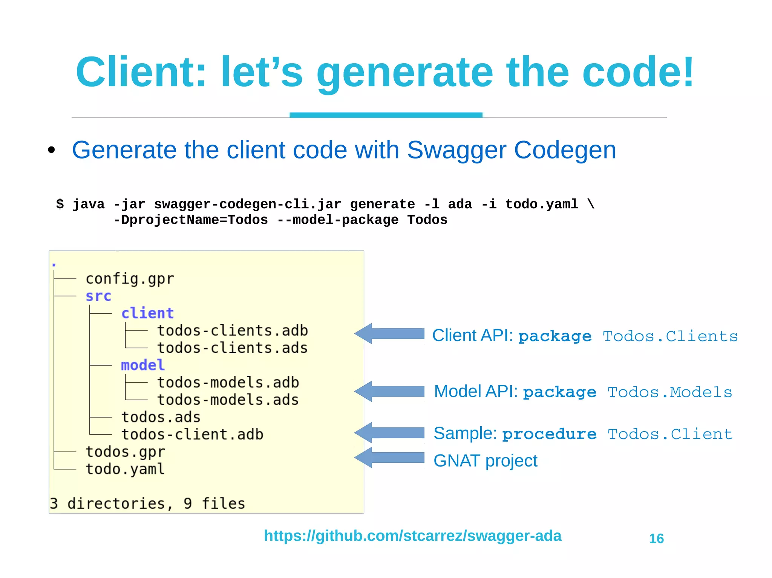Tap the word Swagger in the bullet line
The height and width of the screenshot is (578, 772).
pyautogui.click(x=456, y=150)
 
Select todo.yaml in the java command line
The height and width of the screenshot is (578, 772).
pyautogui.click(x=541, y=204)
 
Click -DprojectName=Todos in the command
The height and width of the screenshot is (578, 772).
pyautogui.click(x=191, y=220)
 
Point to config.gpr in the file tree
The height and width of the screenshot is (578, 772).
pyautogui.click(x=130, y=279)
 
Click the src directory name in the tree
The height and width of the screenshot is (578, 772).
pyautogui.click(x=98, y=296)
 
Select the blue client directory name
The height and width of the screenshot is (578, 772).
pyautogui.click(x=147, y=313)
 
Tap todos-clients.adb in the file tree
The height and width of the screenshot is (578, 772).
pyautogui.click(x=232, y=331)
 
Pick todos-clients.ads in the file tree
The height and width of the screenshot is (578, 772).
pyautogui.click(x=232, y=348)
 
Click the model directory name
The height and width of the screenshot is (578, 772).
pyautogui.click(x=142, y=365)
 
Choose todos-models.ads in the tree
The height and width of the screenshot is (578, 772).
pyautogui.click(x=228, y=400)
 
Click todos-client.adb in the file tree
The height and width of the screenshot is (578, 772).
pyautogui.click(x=192, y=435)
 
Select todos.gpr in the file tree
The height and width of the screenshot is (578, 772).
pyautogui.click(x=125, y=452)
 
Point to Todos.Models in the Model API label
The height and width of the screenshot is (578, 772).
pyautogui.click(x=669, y=392)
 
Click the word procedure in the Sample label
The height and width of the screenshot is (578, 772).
pyautogui.click(x=549, y=434)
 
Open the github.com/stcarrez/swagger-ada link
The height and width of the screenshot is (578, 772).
pyautogui.click(x=412, y=536)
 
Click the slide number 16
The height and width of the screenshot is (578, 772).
pyautogui.click(x=656, y=538)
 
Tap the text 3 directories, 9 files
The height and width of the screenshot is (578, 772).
pyautogui.click(x=147, y=503)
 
